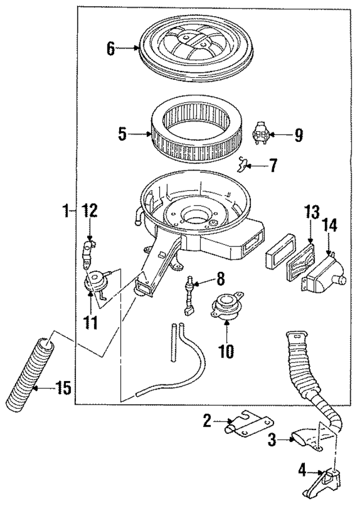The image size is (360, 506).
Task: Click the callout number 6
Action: tap(111, 49)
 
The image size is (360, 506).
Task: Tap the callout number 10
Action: tap(225, 352)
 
